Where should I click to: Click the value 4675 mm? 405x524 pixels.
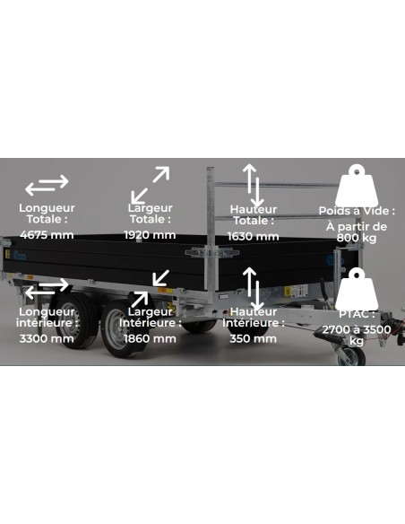pos(47,235)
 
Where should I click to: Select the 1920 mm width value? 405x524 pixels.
pos(150,235)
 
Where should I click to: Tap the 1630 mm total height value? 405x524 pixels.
pos(253,236)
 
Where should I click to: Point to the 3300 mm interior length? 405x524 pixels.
pos(47,338)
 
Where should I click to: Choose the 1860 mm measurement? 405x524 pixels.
pos(150,338)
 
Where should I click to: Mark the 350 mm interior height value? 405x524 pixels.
pos(253,338)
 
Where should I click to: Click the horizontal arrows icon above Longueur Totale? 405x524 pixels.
pos(47,186)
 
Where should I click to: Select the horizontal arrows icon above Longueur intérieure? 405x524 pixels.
pos(47,290)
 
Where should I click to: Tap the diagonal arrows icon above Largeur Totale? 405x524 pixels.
pos(150,184)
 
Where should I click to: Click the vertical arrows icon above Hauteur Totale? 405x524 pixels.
pos(253,184)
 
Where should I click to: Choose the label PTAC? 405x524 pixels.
pos(356,316)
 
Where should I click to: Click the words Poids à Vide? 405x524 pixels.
pos(356,212)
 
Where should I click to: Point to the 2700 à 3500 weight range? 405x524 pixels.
pos(356,329)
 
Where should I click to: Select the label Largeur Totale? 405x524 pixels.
pos(150,214)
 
